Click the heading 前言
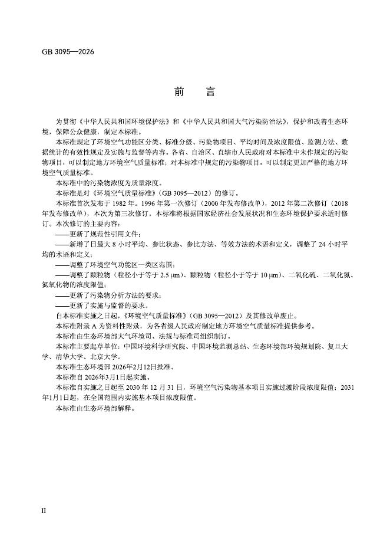click(x=194, y=93)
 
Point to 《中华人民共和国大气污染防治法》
click(x=233, y=121)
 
